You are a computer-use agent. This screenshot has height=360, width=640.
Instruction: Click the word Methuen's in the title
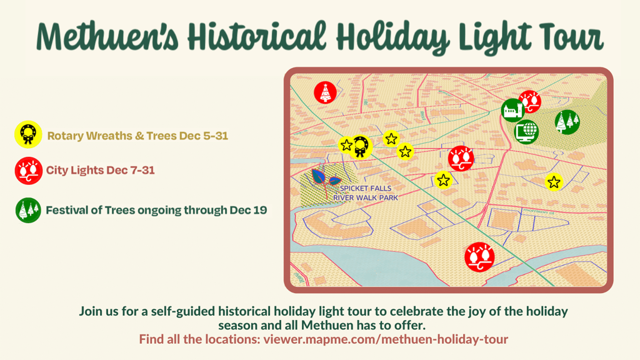(x=107, y=37)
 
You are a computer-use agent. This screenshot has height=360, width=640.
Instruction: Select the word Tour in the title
(x=570, y=37)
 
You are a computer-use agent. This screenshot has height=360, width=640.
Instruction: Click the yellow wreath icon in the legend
(x=28, y=134)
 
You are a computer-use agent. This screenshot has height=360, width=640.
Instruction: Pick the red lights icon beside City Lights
(x=29, y=171)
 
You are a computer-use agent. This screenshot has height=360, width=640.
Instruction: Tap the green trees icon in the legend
(x=28, y=210)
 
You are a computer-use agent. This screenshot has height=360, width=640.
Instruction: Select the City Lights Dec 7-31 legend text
(x=101, y=170)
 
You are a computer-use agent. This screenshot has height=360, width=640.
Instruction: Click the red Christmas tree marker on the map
(x=325, y=92)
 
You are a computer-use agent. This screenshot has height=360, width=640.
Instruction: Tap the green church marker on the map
(x=512, y=110)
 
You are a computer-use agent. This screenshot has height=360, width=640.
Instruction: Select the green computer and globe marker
(x=526, y=131)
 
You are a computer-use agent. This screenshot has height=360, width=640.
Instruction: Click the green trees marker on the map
(x=567, y=122)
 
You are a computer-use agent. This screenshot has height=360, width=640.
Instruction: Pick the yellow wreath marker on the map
(x=361, y=147)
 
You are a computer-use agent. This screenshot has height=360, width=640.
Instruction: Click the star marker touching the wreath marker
(x=346, y=145)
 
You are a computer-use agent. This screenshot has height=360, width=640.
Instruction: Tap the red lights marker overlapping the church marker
(x=530, y=101)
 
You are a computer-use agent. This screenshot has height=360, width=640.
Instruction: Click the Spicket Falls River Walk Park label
(x=365, y=193)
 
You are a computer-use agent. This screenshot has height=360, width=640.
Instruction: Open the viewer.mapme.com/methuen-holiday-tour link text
(x=386, y=339)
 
